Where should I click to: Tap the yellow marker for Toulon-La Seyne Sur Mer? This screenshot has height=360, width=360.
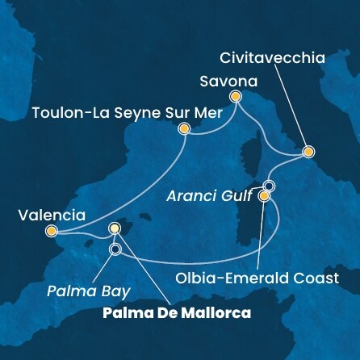pos(184,128)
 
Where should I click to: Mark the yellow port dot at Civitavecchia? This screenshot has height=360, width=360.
pos(308,152)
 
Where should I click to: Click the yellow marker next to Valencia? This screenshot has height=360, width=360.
pos(52,232)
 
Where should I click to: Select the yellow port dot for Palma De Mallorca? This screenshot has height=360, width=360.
pos(115,229)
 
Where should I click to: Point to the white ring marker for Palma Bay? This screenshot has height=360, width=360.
pos(115,249)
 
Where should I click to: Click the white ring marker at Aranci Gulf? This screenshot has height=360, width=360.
pos(269,186)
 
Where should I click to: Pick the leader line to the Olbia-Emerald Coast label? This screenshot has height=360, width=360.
pos(262,234)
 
